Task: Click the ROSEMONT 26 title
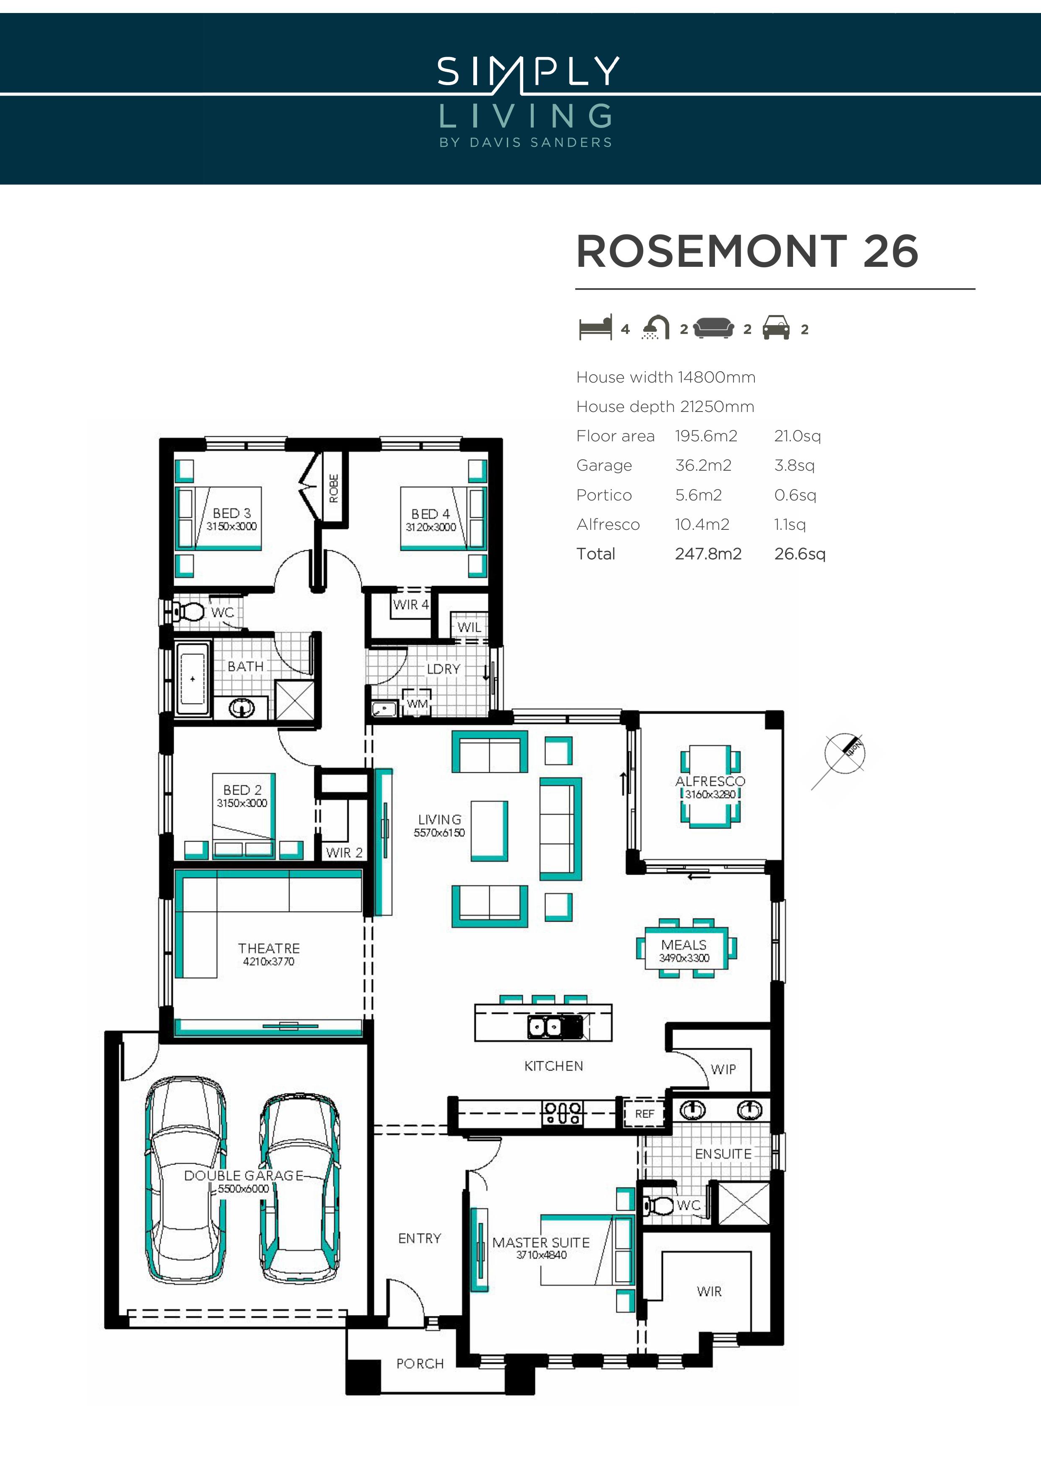coord(747,251)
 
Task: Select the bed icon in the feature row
coord(595,328)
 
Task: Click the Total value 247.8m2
coord(708,554)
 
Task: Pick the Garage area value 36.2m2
coord(703,466)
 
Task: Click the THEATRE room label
coord(269,948)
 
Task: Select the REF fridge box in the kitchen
coord(644,1114)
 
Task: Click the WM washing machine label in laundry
coord(417,703)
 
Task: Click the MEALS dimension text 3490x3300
coord(684,958)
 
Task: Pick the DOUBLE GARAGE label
coord(244,1175)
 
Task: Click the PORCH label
coord(420,1364)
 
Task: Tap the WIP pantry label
coord(723,1069)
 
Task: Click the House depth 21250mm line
coord(665,406)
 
